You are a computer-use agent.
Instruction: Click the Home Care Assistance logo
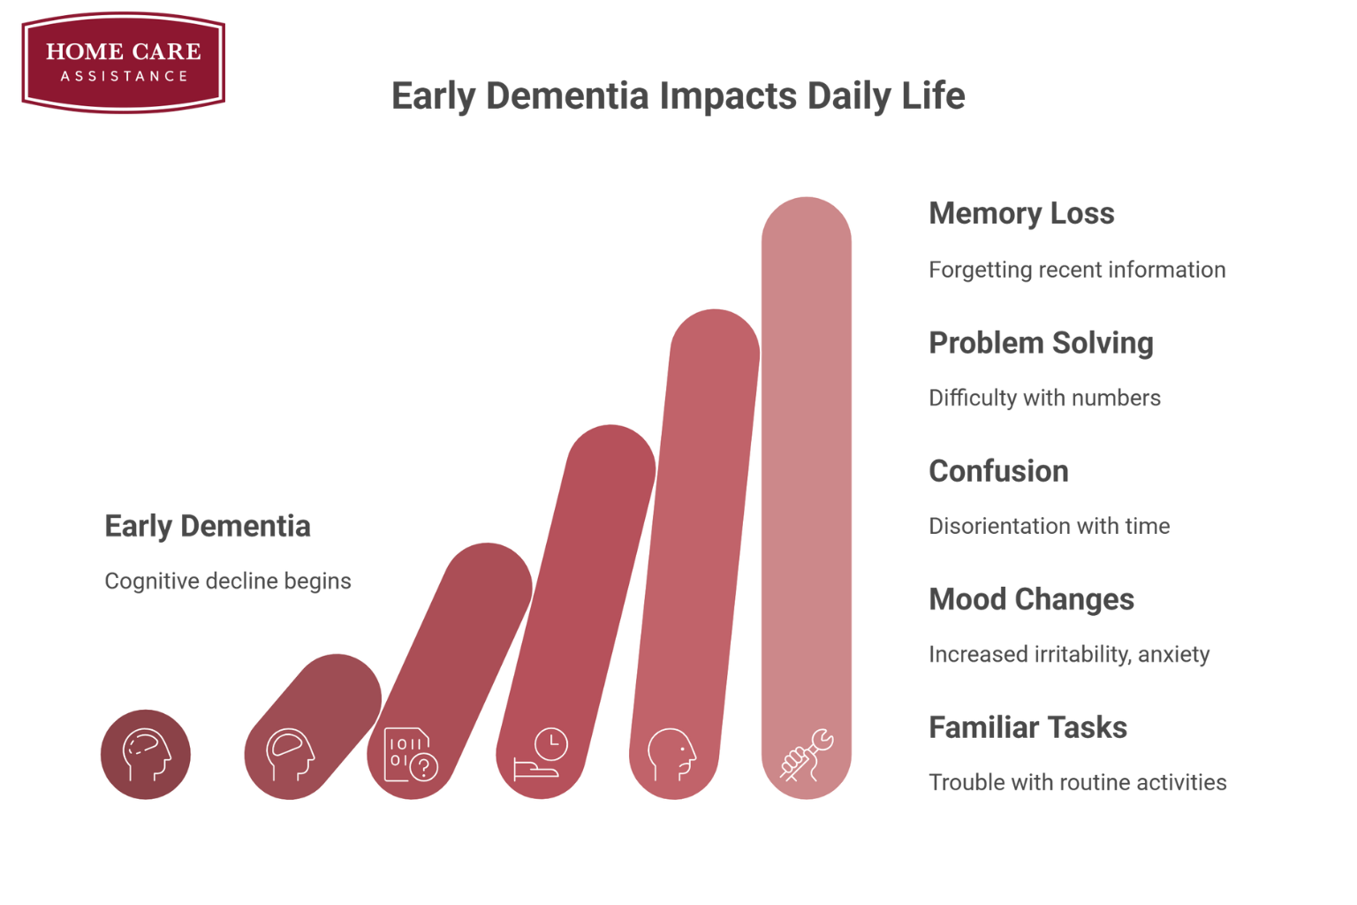[x=124, y=63]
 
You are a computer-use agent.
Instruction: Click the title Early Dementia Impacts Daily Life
[x=678, y=95]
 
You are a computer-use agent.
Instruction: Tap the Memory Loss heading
[x=1021, y=213]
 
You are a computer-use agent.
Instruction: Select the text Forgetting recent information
[x=1077, y=270]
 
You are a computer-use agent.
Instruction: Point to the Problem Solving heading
[x=1041, y=343]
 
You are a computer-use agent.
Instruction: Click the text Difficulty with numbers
[x=1044, y=398]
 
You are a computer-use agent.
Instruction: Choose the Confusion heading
[x=998, y=471]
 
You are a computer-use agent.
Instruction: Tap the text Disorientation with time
[x=1050, y=526]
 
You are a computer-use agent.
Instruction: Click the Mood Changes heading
[x=1031, y=599]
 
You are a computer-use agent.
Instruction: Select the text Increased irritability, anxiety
[x=1069, y=655]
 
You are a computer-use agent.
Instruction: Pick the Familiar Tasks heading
[x=1027, y=727]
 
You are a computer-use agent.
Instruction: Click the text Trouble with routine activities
[x=1078, y=782]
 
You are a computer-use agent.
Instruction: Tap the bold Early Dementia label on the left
[x=208, y=526]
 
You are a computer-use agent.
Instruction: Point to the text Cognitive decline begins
[x=228, y=582]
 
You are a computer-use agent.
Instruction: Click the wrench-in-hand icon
[x=807, y=755]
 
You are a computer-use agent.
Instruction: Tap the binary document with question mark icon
[x=411, y=754]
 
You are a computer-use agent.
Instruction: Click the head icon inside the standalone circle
[x=147, y=755]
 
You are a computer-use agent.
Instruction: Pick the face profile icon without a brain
[x=671, y=755]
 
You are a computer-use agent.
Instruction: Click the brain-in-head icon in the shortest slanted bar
[x=290, y=755]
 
